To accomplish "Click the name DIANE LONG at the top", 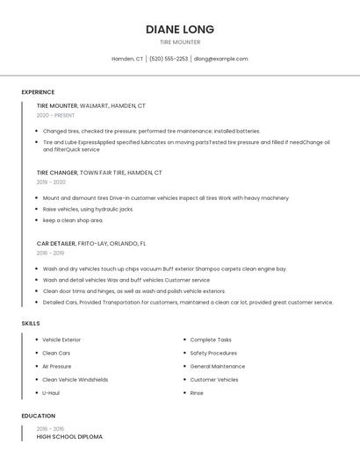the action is (179, 29).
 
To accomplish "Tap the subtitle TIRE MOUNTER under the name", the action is (179, 42).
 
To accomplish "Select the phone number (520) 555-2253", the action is (169, 59).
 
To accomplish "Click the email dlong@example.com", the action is (221, 59).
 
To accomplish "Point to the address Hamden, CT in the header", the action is (127, 59).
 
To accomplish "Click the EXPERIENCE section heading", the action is (38, 92).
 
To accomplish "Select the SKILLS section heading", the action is (31, 324).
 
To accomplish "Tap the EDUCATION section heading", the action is (38, 416).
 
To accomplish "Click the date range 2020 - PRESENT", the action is (55, 115).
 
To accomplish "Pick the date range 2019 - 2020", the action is (51, 182).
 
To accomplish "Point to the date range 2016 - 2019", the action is (51, 253).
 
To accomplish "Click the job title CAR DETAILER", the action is (56, 243).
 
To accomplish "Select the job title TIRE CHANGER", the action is (57, 173).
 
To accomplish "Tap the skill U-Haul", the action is (51, 393).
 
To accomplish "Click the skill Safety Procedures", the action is (213, 353).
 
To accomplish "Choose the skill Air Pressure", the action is (57, 366).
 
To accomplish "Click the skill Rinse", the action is (197, 393).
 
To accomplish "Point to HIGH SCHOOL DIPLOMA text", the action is (69, 436).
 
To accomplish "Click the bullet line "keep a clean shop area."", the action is (73, 220).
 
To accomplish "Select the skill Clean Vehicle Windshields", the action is (76, 380).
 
